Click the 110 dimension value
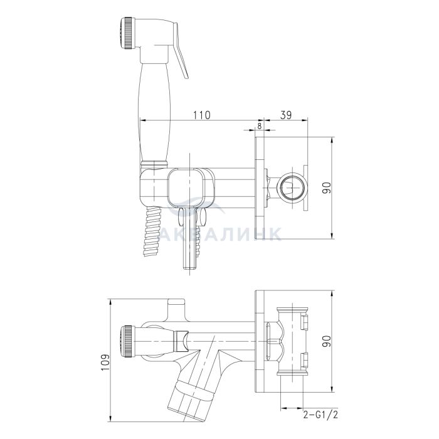[x=201, y=115]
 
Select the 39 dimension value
[x=286, y=115]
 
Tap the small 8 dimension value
[x=259, y=125]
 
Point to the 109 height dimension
[x=105, y=362]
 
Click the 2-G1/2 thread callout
[x=320, y=415]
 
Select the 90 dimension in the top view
[x=327, y=188]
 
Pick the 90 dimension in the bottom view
[x=327, y=341]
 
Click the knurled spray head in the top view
[x=128, y=34]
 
